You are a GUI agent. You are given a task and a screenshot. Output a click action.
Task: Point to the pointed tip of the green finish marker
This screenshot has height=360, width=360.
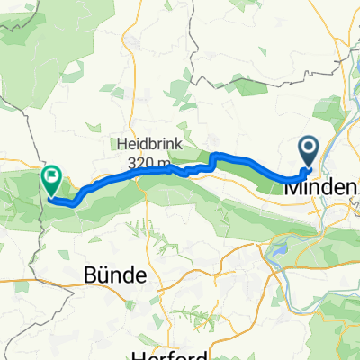click(x=50, y=195)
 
